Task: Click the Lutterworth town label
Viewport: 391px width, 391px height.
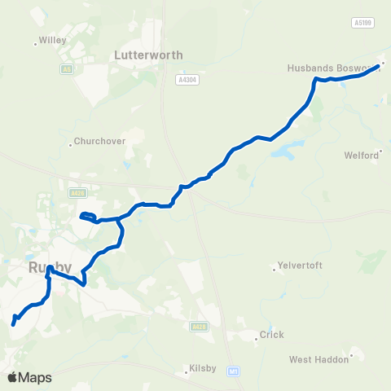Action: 148,55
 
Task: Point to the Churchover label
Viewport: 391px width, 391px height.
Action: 99,140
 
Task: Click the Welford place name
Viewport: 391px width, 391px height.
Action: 362,155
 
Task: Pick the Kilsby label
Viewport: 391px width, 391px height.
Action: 202,368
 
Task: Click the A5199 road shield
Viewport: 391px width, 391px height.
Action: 363,23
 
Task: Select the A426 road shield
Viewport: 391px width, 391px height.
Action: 77,193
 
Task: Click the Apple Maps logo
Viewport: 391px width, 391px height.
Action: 29,377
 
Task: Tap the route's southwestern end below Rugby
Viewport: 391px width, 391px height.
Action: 13,323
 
